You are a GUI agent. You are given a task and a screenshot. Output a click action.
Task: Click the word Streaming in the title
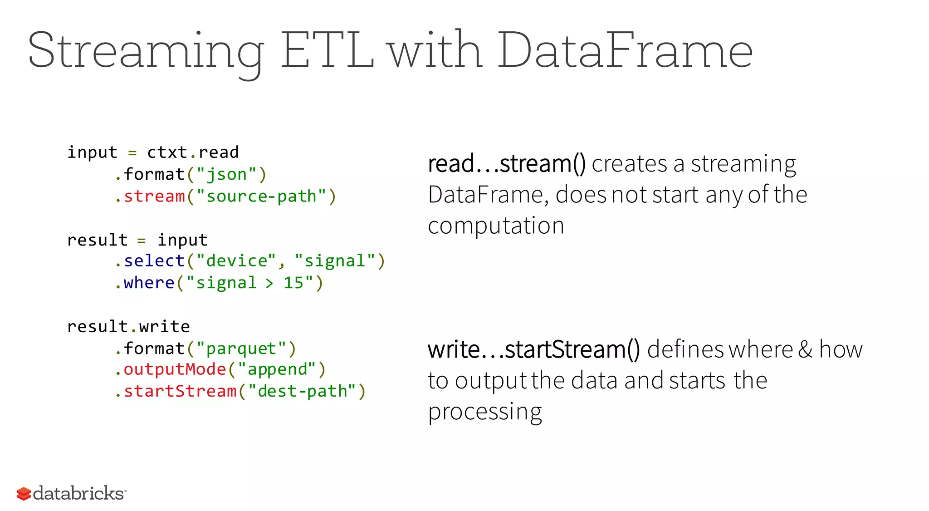point(145,51)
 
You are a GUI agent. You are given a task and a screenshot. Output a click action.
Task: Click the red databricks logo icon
point(24,494)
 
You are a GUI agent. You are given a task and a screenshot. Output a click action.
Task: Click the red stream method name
point(154,197)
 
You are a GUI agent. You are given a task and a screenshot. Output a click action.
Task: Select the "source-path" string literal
point(261,197)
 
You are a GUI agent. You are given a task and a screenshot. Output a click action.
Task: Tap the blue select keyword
point(154,261)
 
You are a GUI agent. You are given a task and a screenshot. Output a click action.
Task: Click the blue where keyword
point(149,283)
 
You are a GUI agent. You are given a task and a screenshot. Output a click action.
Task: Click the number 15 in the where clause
point(293,283)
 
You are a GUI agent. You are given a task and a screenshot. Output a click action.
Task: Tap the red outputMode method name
point(175,369)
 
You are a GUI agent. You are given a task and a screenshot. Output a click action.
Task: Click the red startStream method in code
point(180,391)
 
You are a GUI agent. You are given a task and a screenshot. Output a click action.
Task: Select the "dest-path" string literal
point(302,391)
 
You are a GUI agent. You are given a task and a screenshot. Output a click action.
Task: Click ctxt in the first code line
point(167,152)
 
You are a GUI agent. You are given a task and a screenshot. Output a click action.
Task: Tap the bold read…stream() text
point(507,164)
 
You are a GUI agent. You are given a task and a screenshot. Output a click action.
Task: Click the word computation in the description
point(496,226)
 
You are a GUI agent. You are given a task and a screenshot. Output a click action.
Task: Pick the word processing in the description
point(485,412)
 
